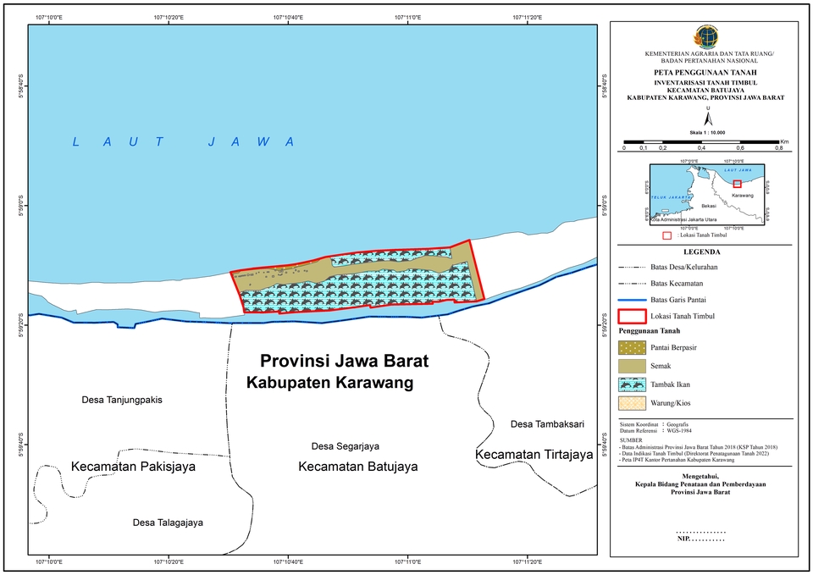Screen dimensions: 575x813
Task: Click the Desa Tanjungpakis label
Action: (x=121, y=400)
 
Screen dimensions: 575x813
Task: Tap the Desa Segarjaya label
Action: (x=345, y=446)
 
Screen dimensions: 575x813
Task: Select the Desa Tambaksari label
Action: (x=548, y=423)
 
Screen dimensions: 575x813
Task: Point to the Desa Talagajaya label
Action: (x=168, y=522)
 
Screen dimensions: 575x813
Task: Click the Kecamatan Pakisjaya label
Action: (x=133, y=467)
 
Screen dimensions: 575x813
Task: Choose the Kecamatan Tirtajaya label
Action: (x=534, y=456)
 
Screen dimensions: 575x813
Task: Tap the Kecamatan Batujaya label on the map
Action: (x=358, y=467)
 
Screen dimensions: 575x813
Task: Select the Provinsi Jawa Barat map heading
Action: (x=344, y=361)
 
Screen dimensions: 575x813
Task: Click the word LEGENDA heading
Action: (x=703, y=252)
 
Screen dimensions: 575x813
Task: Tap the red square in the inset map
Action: (x=737, y=184)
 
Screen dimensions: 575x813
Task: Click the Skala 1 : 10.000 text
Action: (x=703, y=131)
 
